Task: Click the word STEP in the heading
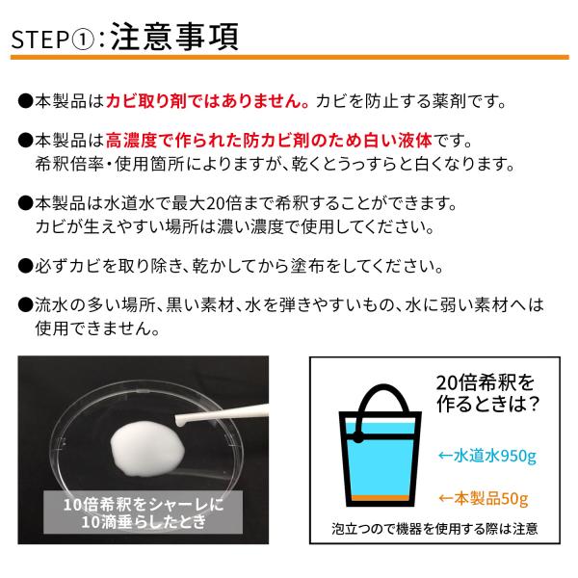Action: click(x=40, y=39)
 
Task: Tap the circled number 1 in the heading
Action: click(x=82, y=39)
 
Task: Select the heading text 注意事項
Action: click(x=174, y=37)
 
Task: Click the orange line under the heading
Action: click(x=290, y=58)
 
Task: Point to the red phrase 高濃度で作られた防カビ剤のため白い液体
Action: click(x=269, y=140)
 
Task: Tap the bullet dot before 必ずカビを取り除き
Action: click(x=25, y=266)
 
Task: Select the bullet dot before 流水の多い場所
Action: click(x=25, y=305)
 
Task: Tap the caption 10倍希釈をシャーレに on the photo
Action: click(x=144, y=504)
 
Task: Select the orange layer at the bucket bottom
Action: click(x=380, y=498)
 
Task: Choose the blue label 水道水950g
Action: click(x=487, y=456)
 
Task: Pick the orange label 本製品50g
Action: click(x=484, y=498)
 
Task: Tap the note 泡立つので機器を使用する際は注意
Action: click(x=434, y=529)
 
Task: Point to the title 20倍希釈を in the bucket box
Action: click(x=486, y=382)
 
